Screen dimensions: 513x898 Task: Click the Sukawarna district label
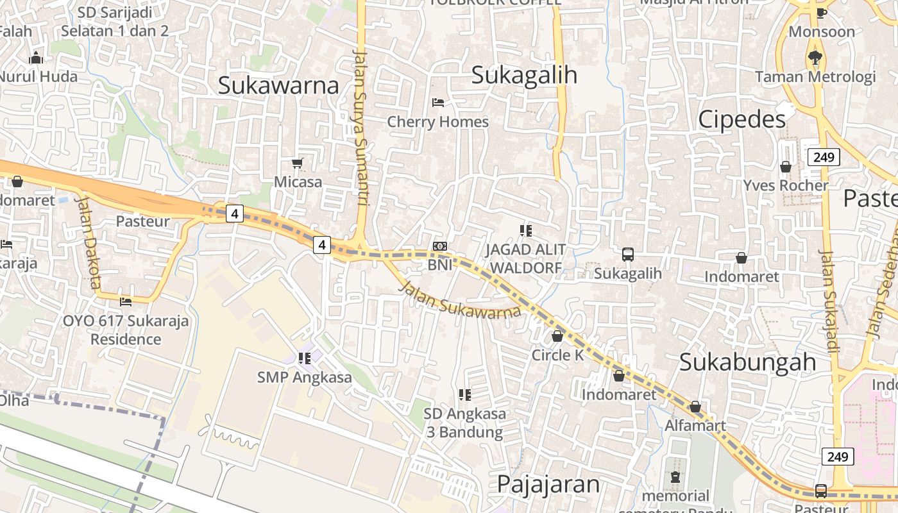(278, 85)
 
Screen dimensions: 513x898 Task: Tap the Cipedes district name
(741, 119)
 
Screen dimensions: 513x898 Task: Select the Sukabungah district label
(747, 362)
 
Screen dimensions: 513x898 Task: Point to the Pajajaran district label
(548, 484)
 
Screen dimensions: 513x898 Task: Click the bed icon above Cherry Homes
(438, 103)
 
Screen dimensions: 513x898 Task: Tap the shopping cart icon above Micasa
(297, 164)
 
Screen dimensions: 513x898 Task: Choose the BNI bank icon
(440, 246)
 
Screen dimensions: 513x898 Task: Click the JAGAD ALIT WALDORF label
(525, 258)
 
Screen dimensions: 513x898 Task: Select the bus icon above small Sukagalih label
(627, 255)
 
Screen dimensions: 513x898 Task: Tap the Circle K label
(557, 355)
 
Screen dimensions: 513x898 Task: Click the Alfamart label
(695, 425)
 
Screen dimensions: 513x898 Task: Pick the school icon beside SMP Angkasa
(305, 358)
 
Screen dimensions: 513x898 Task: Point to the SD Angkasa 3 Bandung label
(464, 423)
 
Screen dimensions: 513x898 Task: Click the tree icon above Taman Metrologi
(815, 58)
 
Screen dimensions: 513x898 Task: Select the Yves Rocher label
(786, 186)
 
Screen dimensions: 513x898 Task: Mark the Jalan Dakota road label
(89, 241)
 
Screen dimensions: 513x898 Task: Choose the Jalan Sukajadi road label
(829, 301)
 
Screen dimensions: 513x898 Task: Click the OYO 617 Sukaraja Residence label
(126, 330)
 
